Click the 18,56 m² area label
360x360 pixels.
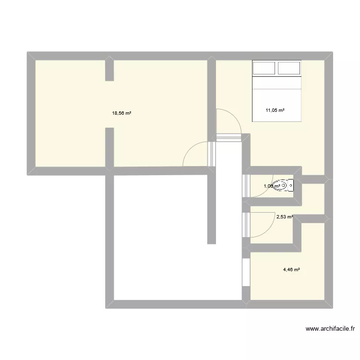[122, 114]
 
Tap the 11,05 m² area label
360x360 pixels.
[275, 110]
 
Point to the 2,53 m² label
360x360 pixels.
[285, 217]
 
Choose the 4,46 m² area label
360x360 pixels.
[292, 270]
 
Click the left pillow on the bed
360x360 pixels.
[264, 69]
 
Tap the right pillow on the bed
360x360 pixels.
[289, 69]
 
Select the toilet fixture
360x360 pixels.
[280, 186]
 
